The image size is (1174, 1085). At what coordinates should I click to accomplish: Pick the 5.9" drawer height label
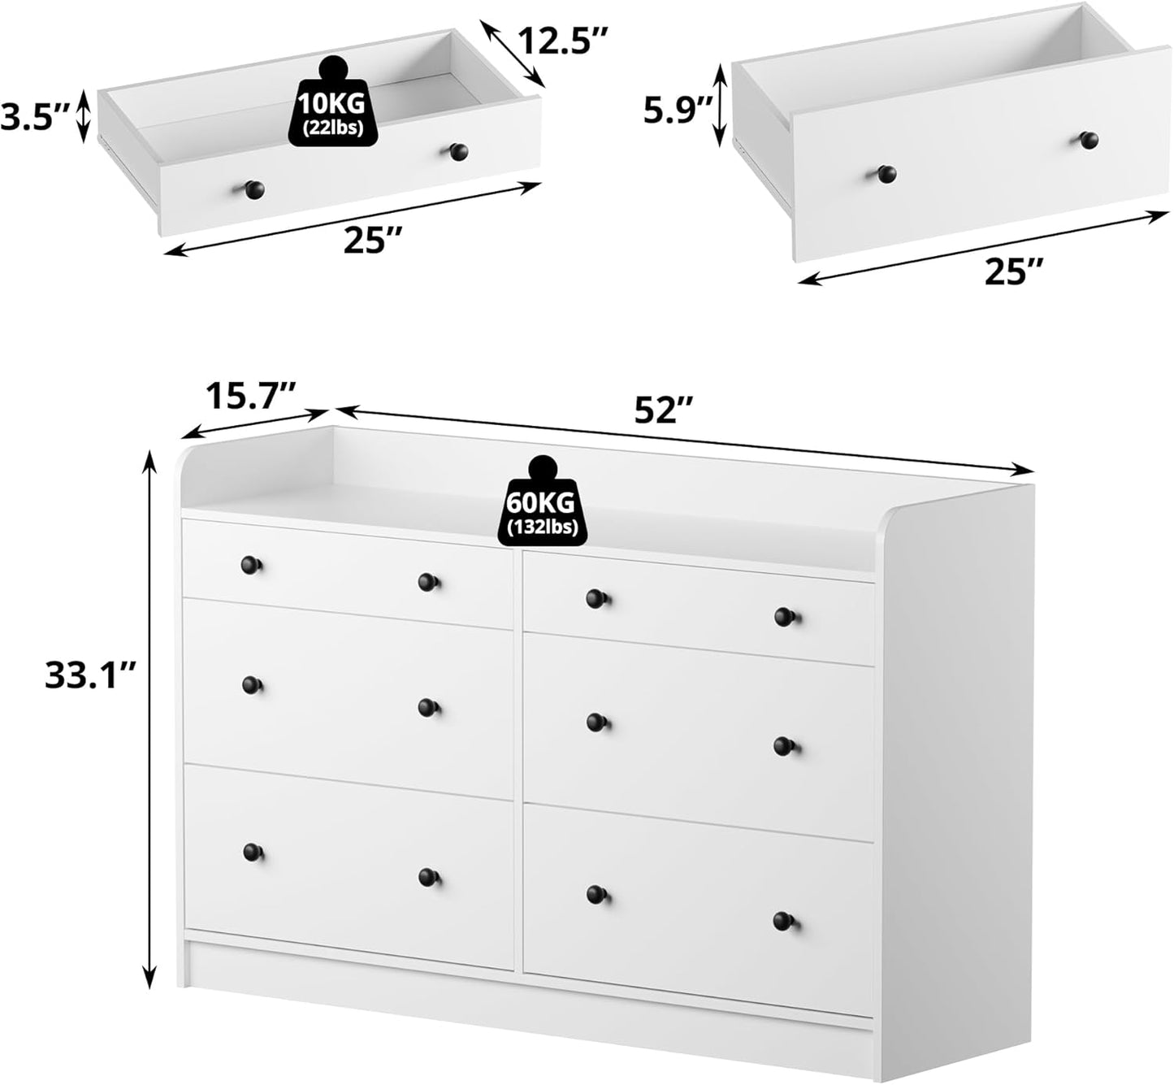tap(678, 111)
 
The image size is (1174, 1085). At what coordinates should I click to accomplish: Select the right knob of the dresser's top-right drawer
tap(784, 617)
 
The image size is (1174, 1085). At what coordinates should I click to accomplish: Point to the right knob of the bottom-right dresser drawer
tap(783, 922)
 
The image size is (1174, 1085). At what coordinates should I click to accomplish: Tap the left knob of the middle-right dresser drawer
tap(596, 721)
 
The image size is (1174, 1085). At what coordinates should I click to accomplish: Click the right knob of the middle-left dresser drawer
tap(428, 707)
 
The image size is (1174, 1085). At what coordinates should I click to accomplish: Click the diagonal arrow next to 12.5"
tap(512, 53)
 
